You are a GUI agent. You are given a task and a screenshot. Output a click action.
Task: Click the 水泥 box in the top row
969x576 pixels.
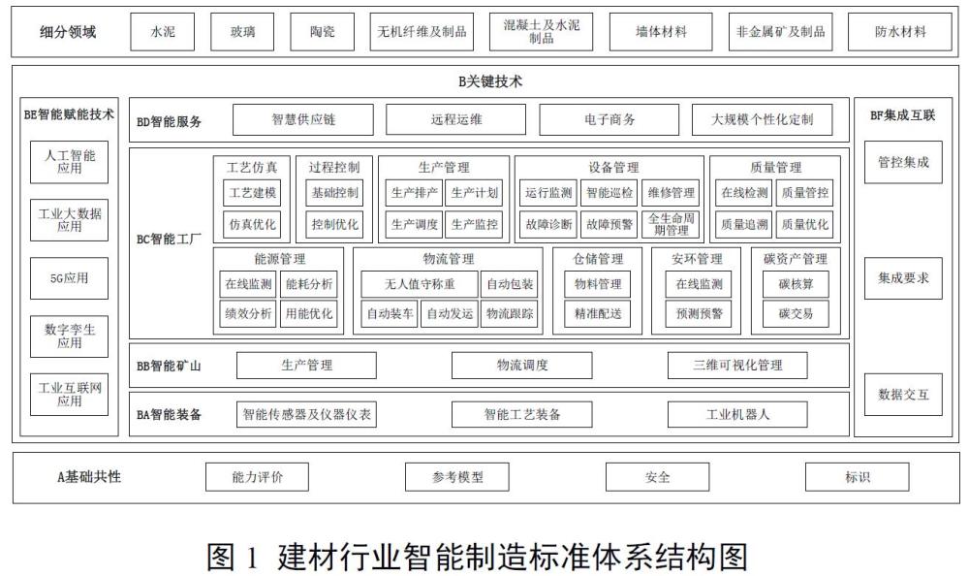click(162, 32)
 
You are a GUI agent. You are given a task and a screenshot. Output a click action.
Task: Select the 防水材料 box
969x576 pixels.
click(900, 32)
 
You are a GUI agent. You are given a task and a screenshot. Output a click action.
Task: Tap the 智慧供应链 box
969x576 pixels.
click(302, 119)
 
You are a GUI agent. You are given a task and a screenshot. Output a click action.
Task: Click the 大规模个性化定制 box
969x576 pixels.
click(762, 119)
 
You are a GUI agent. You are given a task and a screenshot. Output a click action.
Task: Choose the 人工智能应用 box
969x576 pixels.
click(69, 162)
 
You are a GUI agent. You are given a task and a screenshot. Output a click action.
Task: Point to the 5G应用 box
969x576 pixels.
click(69, 278)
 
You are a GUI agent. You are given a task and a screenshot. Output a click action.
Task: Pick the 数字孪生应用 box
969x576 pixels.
click(69, 336)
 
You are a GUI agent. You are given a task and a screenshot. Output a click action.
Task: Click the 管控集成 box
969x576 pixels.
click(903, 162)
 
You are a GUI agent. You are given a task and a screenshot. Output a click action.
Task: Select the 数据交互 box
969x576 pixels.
click(903, 394)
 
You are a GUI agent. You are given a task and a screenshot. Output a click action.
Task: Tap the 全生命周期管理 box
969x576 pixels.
click(671, 225)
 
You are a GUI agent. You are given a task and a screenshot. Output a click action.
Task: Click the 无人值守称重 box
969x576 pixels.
click(420, 284)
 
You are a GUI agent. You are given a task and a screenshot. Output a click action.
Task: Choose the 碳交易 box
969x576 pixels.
click(796, 313)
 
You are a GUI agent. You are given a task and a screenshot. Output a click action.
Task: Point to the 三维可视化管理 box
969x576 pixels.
click(737, 365)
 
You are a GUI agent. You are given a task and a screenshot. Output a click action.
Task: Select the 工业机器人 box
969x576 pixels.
click(737, 414)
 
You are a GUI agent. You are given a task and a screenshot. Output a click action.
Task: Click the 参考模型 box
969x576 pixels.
click(457, 477)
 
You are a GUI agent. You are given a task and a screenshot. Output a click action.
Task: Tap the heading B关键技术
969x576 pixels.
click(490, 81)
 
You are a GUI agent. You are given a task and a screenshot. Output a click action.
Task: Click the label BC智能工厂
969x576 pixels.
click(169, 239)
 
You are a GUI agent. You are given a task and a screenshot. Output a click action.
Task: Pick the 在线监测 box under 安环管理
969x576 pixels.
click(699, 284)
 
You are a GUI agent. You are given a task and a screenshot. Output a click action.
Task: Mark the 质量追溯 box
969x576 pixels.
click(744, 225)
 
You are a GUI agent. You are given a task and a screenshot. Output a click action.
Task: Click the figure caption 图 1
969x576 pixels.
click(232, 557)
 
